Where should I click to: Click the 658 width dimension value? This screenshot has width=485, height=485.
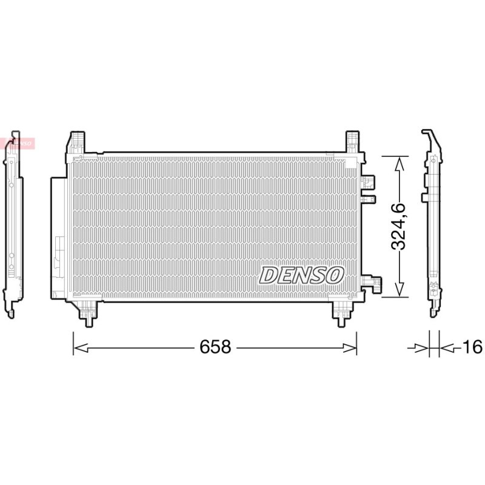click(215, 347)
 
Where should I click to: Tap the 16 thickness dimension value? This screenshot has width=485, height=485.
click(472, 347)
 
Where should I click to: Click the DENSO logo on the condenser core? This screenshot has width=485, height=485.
click(301, 275)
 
